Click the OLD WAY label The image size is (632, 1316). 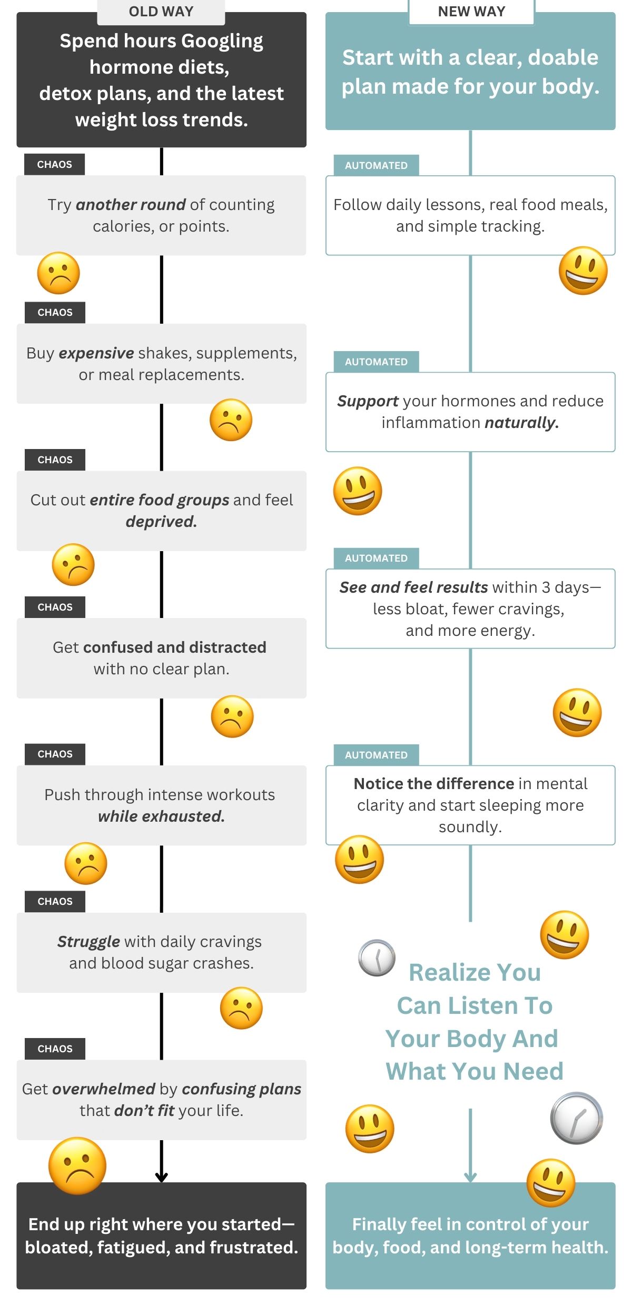tap(161, 12)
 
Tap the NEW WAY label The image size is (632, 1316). tap(471, 12)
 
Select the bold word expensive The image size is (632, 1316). tap(96, 353)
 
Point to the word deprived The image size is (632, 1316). tap(161, 521)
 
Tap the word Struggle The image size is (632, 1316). tap(88, 941)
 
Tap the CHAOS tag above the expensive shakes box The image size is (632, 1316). tap(55, 312)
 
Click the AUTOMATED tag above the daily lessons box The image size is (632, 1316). tap(376, 165)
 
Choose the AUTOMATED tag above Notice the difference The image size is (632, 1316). tap(376, 755)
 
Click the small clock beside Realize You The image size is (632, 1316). tap(377, 958)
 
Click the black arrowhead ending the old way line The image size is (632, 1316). tap(161, 1177)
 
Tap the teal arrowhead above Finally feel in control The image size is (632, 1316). tap(470, 1177)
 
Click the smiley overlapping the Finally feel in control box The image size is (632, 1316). tap(551, 1182)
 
